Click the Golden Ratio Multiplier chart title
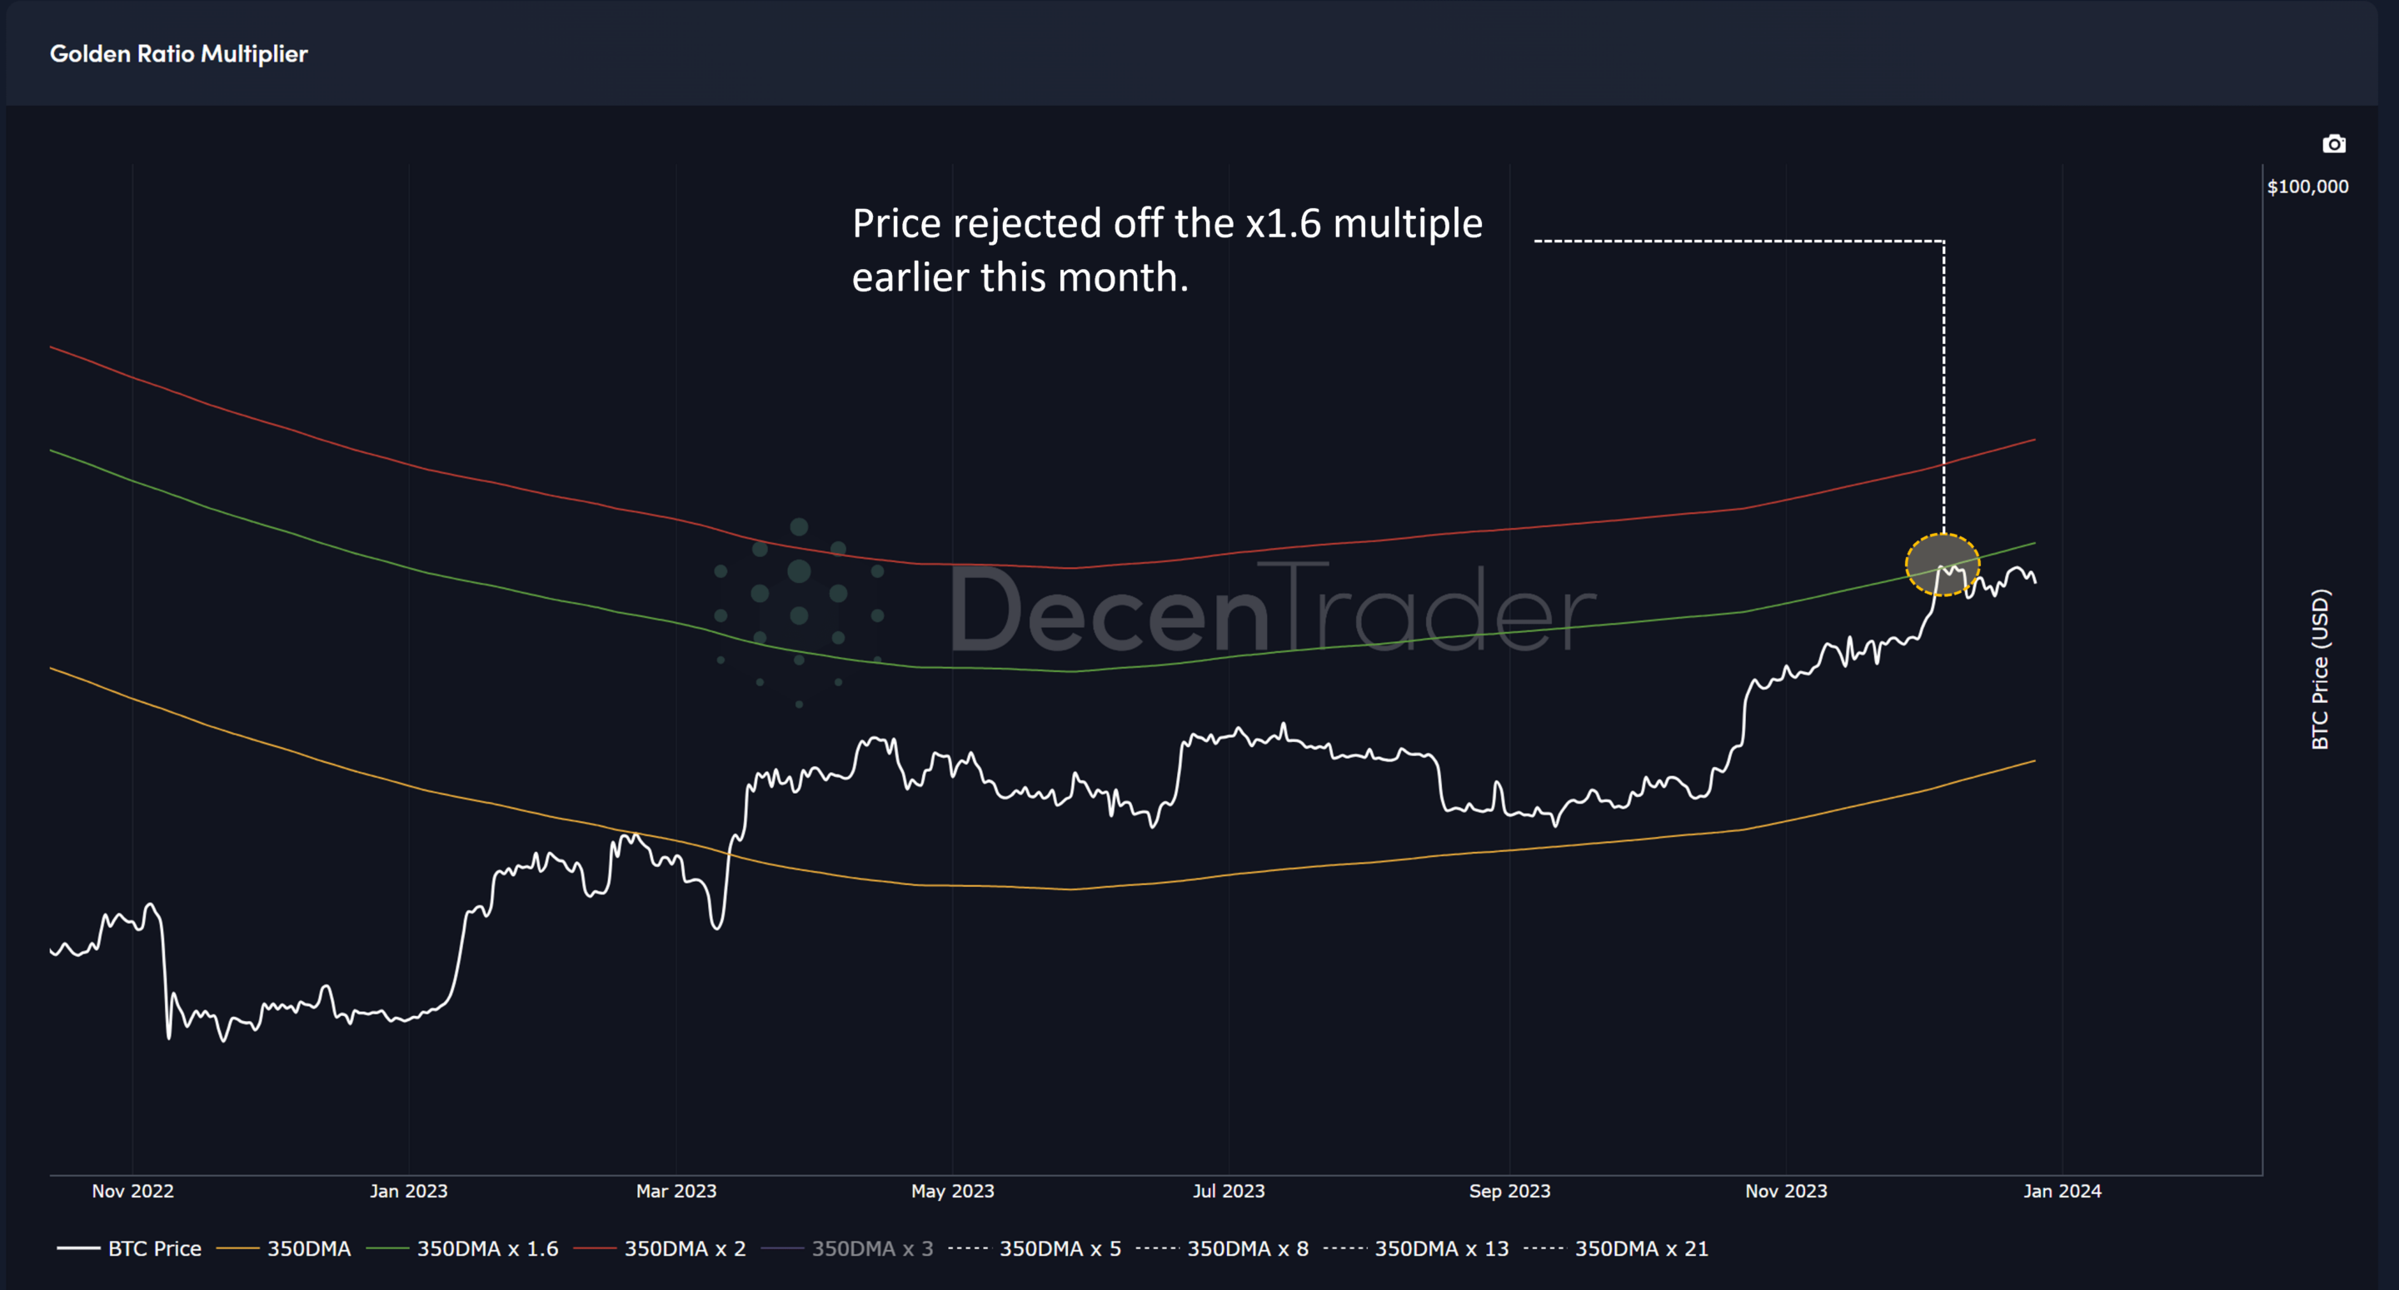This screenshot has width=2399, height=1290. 178,54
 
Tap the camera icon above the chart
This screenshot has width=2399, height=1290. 2333,144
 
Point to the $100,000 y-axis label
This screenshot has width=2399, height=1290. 2307,187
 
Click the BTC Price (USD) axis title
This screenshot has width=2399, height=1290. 2319,669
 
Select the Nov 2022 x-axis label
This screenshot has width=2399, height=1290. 132,1190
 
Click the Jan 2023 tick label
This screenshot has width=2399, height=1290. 408,1190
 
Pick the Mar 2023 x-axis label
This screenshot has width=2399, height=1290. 676,1190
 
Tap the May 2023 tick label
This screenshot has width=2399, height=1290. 952,1190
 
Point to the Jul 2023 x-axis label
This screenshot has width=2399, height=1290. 1229,1190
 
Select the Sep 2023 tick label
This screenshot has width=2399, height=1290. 1509,1190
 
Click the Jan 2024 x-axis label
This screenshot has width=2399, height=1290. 2062,1190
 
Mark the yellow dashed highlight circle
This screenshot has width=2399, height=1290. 1942,565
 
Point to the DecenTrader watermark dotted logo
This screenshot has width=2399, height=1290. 798,610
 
